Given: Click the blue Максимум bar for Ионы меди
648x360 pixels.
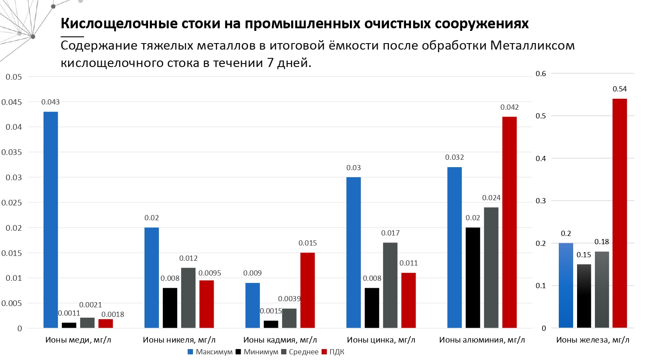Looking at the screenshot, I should (x=50, y=220).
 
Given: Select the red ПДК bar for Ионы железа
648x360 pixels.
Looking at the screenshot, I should (x=620, y=213).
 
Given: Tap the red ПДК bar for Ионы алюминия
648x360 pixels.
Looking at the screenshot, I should (x=510, y=222).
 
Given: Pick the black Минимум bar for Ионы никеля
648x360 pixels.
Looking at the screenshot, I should (x=170, y=308).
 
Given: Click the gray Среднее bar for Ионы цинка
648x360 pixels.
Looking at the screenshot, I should (x=390, y=285).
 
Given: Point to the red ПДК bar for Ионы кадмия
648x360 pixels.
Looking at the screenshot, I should (x=307, y=290).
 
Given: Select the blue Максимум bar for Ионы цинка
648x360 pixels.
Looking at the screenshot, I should (x=353, y=252).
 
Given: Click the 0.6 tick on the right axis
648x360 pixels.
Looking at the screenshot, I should (x=541, y=74).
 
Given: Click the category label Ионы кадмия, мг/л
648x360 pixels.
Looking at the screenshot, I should (x=280, y=340).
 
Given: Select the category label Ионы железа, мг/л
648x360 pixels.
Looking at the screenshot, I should (x=593, y=340).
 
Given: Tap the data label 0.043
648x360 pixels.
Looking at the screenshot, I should (x=50, y=102).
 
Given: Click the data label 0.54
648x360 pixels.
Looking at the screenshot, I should (x=620, y=89).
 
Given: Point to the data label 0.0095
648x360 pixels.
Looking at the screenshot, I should (x=210, y=273).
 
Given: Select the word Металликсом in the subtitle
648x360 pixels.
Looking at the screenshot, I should (x=532, y=45).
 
